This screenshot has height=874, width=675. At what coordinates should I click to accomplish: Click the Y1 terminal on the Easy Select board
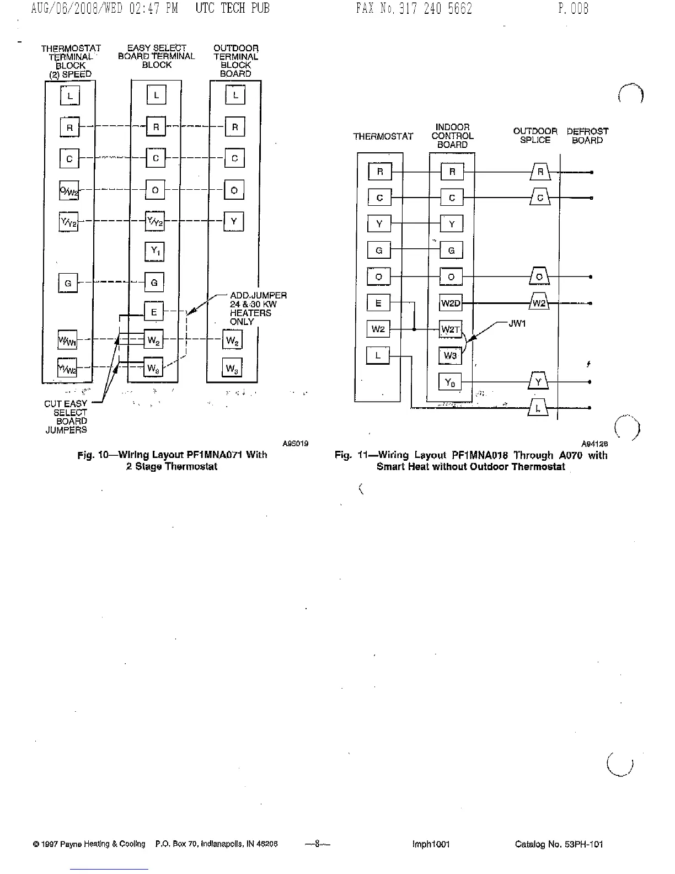(155, 252)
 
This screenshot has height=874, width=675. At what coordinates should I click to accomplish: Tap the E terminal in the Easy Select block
(154, 312)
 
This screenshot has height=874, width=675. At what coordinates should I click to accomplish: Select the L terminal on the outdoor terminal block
(235, 95)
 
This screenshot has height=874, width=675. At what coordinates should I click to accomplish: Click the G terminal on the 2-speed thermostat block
(68, 284)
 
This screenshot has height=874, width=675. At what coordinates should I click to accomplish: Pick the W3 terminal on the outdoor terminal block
(232, 368)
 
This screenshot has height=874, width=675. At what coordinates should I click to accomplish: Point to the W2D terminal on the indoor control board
(451, 303)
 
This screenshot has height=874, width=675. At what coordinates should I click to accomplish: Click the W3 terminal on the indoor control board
(450, 356)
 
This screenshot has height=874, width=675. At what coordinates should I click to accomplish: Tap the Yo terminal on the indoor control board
(450, 382)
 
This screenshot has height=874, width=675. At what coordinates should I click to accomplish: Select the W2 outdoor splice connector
(539, 303)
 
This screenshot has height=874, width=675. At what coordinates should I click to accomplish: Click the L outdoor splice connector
(538, 408)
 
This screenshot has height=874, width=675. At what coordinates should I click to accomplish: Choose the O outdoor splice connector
(539, 276)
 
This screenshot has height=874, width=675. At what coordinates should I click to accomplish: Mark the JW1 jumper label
(517, 324)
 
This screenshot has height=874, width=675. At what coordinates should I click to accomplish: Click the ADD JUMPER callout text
(257, 308)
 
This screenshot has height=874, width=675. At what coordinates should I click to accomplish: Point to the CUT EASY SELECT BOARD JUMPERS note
(66, 417)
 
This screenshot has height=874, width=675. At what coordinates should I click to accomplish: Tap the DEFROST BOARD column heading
(587, 136)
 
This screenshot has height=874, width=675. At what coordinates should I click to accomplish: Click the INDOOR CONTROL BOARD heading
(452, 136)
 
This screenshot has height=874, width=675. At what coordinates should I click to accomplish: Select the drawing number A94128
(594, 444)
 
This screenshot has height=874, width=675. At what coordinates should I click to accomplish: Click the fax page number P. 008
(573, 8)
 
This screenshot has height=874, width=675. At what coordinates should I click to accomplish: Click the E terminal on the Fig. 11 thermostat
(378, 303)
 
